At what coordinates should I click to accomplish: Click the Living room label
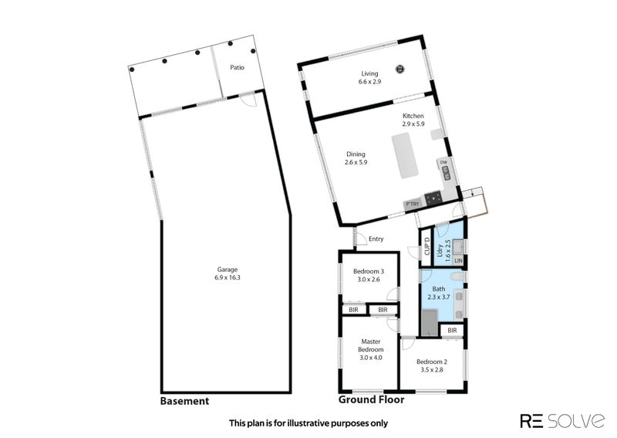click(359, 73)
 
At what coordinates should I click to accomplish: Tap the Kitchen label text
click(413, 116)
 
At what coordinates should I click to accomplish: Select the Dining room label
click(356, 154)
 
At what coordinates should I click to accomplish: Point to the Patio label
click(238, 67)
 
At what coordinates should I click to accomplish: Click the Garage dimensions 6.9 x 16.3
click(227, 277)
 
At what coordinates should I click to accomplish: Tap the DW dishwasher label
click(443, 162)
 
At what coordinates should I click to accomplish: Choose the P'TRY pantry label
click(412, 204)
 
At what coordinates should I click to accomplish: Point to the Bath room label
click(438, 288)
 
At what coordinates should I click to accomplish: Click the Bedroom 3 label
click(369, 271)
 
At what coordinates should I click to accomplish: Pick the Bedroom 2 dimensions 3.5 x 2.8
click(431, 369)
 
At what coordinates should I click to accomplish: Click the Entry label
click(376, 239)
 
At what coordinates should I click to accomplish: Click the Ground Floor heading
click(371, 401)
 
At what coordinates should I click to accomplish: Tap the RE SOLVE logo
click(561, 421)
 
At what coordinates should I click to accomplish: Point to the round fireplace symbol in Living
click(400, 69)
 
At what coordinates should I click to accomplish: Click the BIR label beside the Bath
click(452, 331)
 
